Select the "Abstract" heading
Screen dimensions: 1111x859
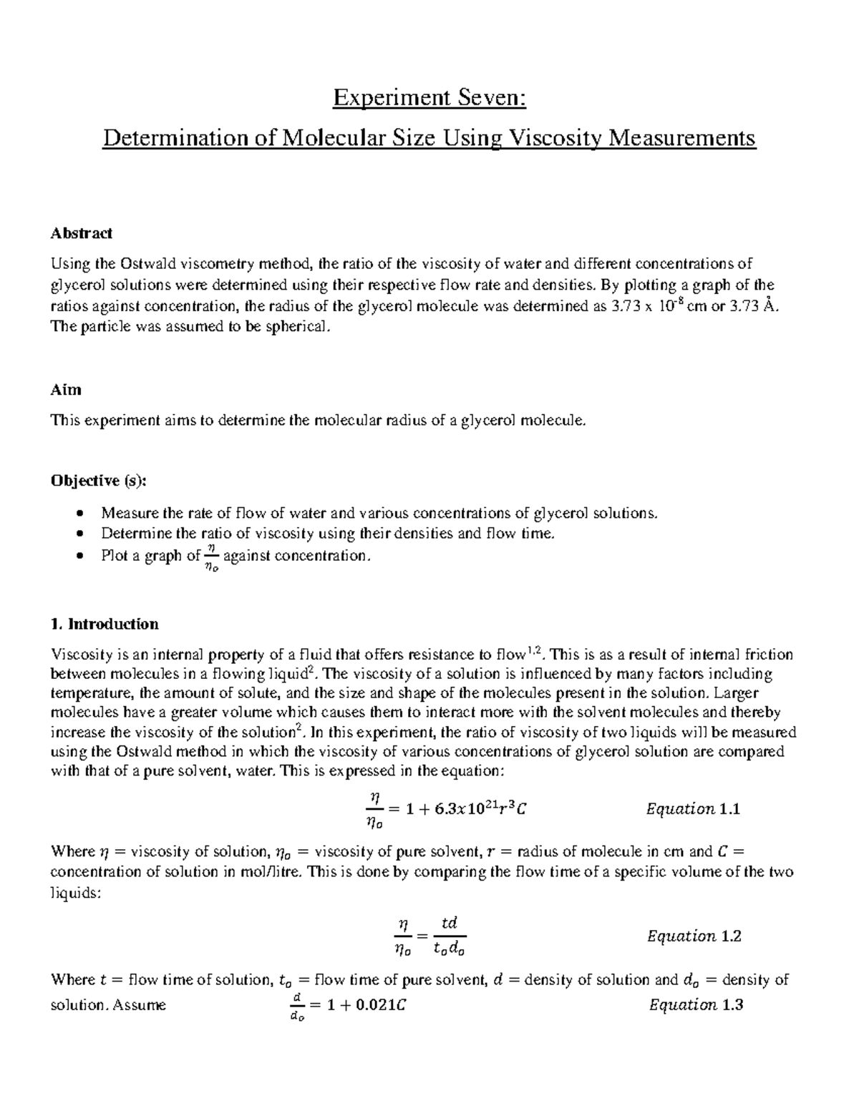click(x=81, y=233)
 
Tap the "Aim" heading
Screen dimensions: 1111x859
click(x=66, y=390)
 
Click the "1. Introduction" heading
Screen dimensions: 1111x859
click(x=105, y=624)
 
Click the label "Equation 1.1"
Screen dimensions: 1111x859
click(x=692, y=809)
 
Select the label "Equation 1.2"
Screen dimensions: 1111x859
click(x=694, y=936)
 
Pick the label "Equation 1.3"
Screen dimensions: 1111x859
click(x=696, y=1005)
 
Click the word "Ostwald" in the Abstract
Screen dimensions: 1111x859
click(x=146, y=264)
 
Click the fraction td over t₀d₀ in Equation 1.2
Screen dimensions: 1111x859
click(x=449, y=936)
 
